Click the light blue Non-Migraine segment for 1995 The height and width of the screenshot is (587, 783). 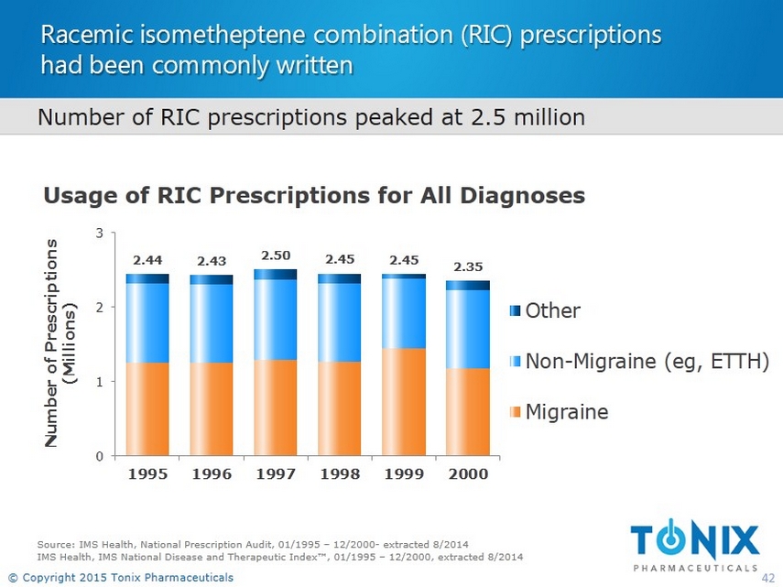tap(147, 322)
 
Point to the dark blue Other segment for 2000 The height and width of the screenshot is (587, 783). tap(467, 285)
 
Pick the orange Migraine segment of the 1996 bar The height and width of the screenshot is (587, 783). tap(212, 408)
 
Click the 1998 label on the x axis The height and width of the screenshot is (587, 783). tap(340, 474)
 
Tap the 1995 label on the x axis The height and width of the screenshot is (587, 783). tap(147, 474)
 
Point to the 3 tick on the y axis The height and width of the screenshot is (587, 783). tap(99, 234)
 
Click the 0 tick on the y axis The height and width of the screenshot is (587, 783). tap(99, 455)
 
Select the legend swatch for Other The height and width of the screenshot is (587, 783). tap(515, 311)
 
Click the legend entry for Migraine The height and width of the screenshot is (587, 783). tap(566, 412)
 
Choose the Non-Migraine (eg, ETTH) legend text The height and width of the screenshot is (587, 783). tap(647, 362)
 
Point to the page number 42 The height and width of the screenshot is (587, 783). tap(769, 577)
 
